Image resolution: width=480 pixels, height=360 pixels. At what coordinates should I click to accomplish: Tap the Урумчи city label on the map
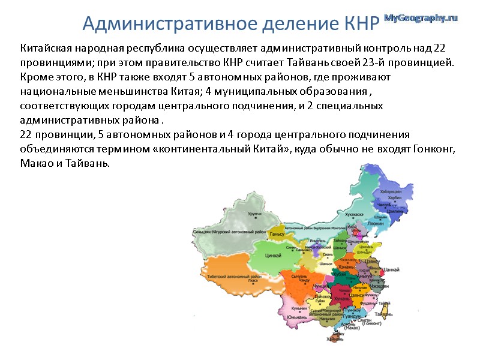255,214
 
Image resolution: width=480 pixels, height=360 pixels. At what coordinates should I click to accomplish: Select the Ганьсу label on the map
277,233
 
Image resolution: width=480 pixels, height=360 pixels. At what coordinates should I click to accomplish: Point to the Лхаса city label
253,280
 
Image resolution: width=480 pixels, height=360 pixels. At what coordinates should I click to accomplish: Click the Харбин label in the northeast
394,197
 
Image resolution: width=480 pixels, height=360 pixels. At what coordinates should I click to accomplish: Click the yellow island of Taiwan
381,305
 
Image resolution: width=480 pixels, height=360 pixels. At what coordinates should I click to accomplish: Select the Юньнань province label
293,317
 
